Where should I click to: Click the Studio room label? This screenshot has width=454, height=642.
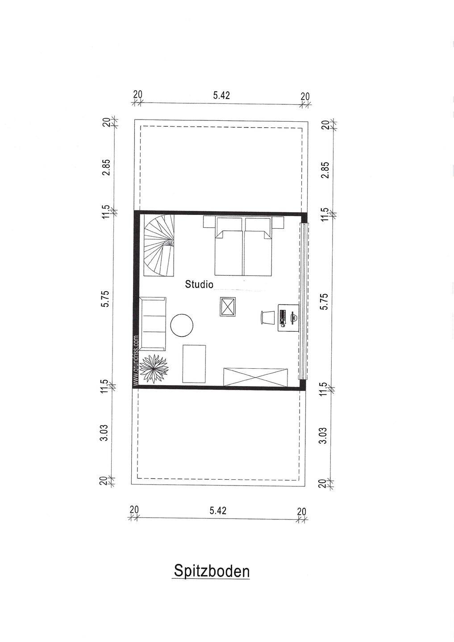coord(199,284)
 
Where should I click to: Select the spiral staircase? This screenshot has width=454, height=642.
coord(159,246)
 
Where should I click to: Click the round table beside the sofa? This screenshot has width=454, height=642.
coord(182,325)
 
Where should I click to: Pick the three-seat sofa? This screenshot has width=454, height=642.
coord(153,324)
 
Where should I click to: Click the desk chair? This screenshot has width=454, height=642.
coord(266,317)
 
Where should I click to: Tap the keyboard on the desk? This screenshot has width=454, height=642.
coord(282,316)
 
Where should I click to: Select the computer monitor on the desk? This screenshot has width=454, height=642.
coord(293,317)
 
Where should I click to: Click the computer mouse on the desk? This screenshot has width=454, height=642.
coord(283,325)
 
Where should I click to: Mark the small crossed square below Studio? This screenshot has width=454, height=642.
coord(228,307)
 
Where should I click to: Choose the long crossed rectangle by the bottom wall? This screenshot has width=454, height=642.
coord(255,377)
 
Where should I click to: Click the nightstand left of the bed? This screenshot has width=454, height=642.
coord(209,222)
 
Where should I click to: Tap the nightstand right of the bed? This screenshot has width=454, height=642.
coord(278,222)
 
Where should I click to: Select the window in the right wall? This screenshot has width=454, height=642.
coord(304,301)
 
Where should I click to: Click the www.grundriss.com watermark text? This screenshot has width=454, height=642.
coord(136,360)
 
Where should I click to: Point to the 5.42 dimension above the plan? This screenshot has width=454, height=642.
coord(221,95)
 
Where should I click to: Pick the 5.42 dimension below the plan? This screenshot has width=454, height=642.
coord(218,510)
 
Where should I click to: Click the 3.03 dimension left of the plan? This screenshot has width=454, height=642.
coord(105,432)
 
